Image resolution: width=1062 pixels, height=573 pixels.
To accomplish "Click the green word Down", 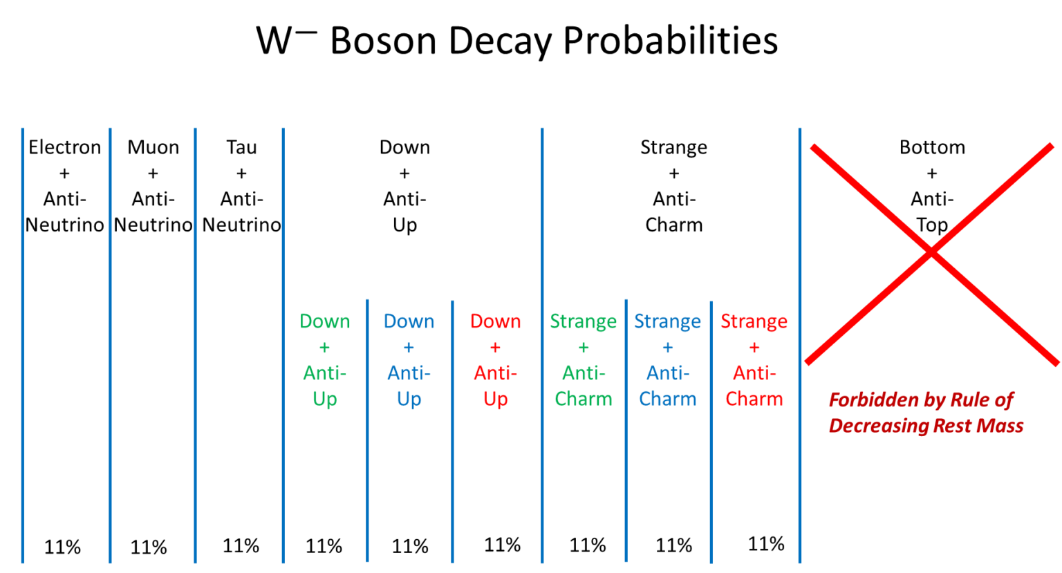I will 324,321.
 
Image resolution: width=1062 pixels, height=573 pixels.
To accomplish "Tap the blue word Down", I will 409,321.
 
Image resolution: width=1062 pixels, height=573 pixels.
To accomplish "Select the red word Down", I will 495,321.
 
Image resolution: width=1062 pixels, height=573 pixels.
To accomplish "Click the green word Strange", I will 583,321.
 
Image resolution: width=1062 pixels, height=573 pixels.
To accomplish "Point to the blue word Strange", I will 667,321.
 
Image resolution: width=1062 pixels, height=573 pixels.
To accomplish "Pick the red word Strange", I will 754,321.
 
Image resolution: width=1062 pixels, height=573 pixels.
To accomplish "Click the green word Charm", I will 583,399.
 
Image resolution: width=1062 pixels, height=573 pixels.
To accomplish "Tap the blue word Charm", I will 667,399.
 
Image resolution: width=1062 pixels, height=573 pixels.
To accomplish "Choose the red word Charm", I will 754,399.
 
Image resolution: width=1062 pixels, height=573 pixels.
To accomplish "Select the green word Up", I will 324,399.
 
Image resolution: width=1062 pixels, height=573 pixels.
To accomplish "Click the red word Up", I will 495,399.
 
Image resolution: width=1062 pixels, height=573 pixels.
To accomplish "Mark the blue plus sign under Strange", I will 667,348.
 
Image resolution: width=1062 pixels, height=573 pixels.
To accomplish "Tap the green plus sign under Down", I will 324,348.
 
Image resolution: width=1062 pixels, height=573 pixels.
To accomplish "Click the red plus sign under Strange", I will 754,348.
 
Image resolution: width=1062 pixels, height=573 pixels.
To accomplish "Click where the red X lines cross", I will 931,252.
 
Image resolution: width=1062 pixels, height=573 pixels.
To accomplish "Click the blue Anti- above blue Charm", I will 667,373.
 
